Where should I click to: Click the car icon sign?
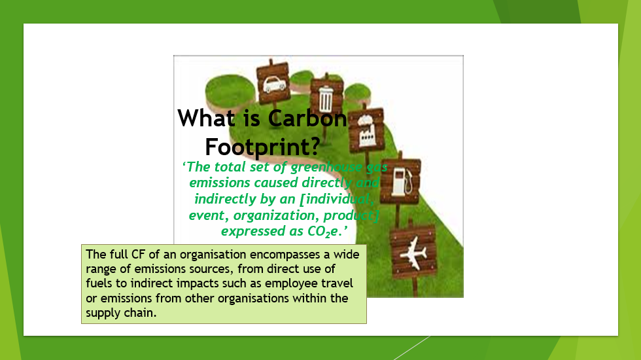pyautogui.click(x=273, y=82)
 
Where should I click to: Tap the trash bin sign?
pyautogui.click(x=326, y=97)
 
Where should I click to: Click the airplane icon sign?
pyautogui.click(x=413, y=252)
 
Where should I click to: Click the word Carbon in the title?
pyautogui.click(x=307, y=118)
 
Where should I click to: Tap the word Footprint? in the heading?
pyautogui.click(x=262, y=147)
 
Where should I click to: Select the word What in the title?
pyautogui.click(x=207, y=118)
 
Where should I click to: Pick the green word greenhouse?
pyautogui.click(x=326, y=168)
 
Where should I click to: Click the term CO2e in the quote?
pyautogui.click(x=323, y=232)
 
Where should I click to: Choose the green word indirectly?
pyautogui.click(x=225, y=199)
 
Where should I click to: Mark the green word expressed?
pyautogui.click(x=254, y=232)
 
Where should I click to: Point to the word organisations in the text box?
pyautogui.click(x=253, y=298)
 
